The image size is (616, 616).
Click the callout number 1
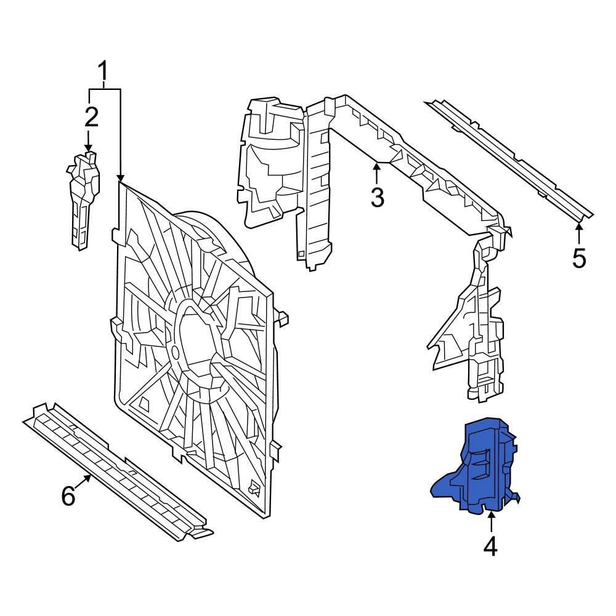click(104, 73)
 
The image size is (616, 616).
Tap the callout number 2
click(91, 117)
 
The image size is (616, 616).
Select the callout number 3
click(377, 198)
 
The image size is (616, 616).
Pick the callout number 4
click(490, 546)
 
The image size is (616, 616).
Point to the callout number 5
click(578, 258)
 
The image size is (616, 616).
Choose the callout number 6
click(68, 495)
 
